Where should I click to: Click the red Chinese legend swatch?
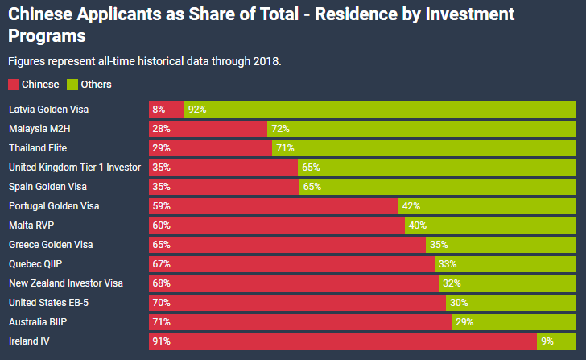coord(14,85)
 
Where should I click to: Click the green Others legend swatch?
coord(72,85)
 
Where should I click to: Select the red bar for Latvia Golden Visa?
coord(167,110)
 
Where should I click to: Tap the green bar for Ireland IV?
coord(557,341)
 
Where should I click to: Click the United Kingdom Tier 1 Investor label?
coord(74,168)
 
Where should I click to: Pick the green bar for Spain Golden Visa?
coord(438,187)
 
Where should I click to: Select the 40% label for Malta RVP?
coord(418,226)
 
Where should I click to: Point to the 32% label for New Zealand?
coord(452,283)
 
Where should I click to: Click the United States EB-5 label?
coord(48,303)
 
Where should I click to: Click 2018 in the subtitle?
coord(266,61)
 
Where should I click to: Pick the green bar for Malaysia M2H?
coord(421,129)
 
